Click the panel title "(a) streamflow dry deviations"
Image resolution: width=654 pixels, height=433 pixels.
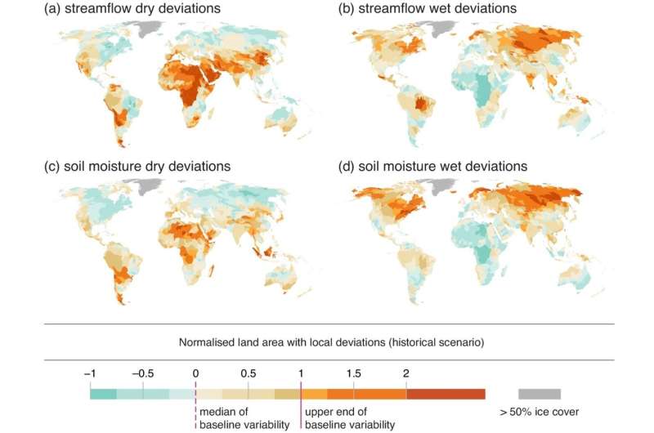[x=132, y=8]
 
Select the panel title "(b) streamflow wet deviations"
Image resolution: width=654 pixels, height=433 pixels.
[x=427, y=8]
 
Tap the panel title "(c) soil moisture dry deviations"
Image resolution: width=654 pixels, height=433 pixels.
[x=137, y=167]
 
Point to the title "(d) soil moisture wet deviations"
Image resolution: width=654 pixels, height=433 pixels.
[x=432, y=167]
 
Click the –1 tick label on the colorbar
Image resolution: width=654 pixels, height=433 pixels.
[x=90, y=373]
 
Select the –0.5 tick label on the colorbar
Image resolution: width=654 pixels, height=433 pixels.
[x=142, y=373]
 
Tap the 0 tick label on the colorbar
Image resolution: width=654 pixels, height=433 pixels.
[x=195, y=373]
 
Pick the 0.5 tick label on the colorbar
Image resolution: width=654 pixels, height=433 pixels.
[x=249, y=373]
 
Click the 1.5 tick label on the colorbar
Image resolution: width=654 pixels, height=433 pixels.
[x=354, y=373]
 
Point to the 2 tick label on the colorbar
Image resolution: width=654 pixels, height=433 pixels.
[x=406, y=373]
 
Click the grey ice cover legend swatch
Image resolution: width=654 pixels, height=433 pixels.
[x=540, y=395]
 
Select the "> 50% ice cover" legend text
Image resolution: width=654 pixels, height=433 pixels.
[x=540, y=412]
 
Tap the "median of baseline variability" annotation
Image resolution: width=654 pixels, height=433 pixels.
[x=244, y=418]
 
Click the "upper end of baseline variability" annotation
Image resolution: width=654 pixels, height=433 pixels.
[x=350, y=418]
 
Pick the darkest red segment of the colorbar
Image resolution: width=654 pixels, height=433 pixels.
[x=446, y=395]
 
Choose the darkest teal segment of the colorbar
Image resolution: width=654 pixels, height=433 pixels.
[x=103, y=395]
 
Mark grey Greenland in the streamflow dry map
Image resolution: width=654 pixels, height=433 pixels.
[x=150, y=29]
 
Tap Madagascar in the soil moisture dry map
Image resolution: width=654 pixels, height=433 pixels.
[x=212, y=271]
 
